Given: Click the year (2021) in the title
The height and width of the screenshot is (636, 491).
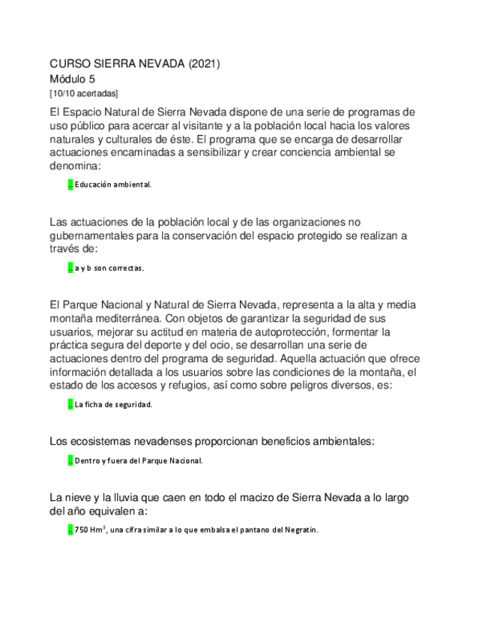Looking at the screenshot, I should pos(203,64).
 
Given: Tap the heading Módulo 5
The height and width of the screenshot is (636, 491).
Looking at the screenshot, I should pos(72,79).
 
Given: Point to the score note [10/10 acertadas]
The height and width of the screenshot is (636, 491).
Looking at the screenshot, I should pos(83,93).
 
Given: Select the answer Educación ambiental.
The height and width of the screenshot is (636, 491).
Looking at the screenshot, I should pos(113,184).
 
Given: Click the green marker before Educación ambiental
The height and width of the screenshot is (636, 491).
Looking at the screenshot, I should pos(70,184).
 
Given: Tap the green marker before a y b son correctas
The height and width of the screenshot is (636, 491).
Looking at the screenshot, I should pos(70,268).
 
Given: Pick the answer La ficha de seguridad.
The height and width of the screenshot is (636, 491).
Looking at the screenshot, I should pos(113,404).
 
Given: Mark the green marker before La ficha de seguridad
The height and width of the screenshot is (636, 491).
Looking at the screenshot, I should pos(70,404).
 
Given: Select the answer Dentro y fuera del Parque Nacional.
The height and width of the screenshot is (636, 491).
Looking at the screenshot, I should pos(139,460).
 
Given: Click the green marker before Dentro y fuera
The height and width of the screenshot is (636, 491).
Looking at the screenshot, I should pos(70,460).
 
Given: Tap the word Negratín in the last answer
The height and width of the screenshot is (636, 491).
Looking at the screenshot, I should pos(300,529).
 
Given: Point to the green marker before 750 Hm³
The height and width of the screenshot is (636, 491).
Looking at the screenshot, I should pos(70,529).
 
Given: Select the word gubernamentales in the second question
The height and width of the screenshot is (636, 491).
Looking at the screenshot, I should pos(95,235).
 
